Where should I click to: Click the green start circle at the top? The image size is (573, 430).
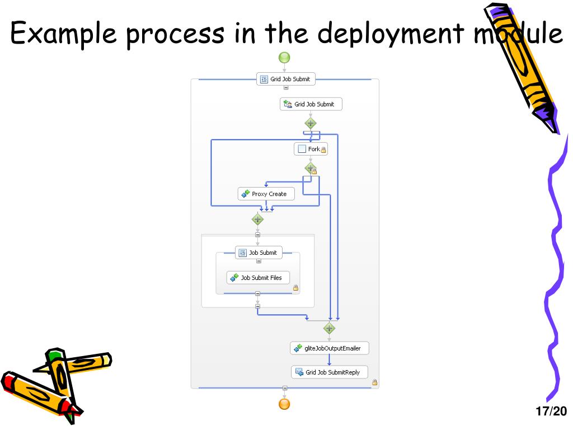pyautogui.click(x=284, y=57)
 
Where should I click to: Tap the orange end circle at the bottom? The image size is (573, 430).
pyautogui.click(x=285, y=404)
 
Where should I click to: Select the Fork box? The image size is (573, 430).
pyautogui.click(x=311, y=149)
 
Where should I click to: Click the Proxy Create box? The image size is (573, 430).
pyautogui.click(x=266, y=194)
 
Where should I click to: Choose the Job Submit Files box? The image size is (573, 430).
pyautogui.click(x=258, y=278)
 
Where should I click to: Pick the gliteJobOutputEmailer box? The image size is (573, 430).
pyautogui.click(x=330, y=348)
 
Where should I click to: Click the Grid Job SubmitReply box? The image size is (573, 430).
pyautogui.click(x=330, y=372)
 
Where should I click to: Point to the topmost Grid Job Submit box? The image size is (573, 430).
pyautogui.click(x=286, y=79)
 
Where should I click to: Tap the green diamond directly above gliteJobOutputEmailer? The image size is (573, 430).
pyautogui.click(x=329, y=328)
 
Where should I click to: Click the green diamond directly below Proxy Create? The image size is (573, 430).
pyautogui.click(x=257, y=219)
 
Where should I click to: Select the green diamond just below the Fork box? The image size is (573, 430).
pyautogui.click(x=311, y=167)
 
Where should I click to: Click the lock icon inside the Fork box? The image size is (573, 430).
pyautogui.click(x=323, y=149)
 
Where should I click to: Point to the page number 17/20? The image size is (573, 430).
pyautogui.click(x=551, y=412)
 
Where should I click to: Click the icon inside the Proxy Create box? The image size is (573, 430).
pyautogui.click(x=245, y=194)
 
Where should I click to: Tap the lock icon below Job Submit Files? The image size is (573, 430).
pyautogui.click(x=295, y=288)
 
